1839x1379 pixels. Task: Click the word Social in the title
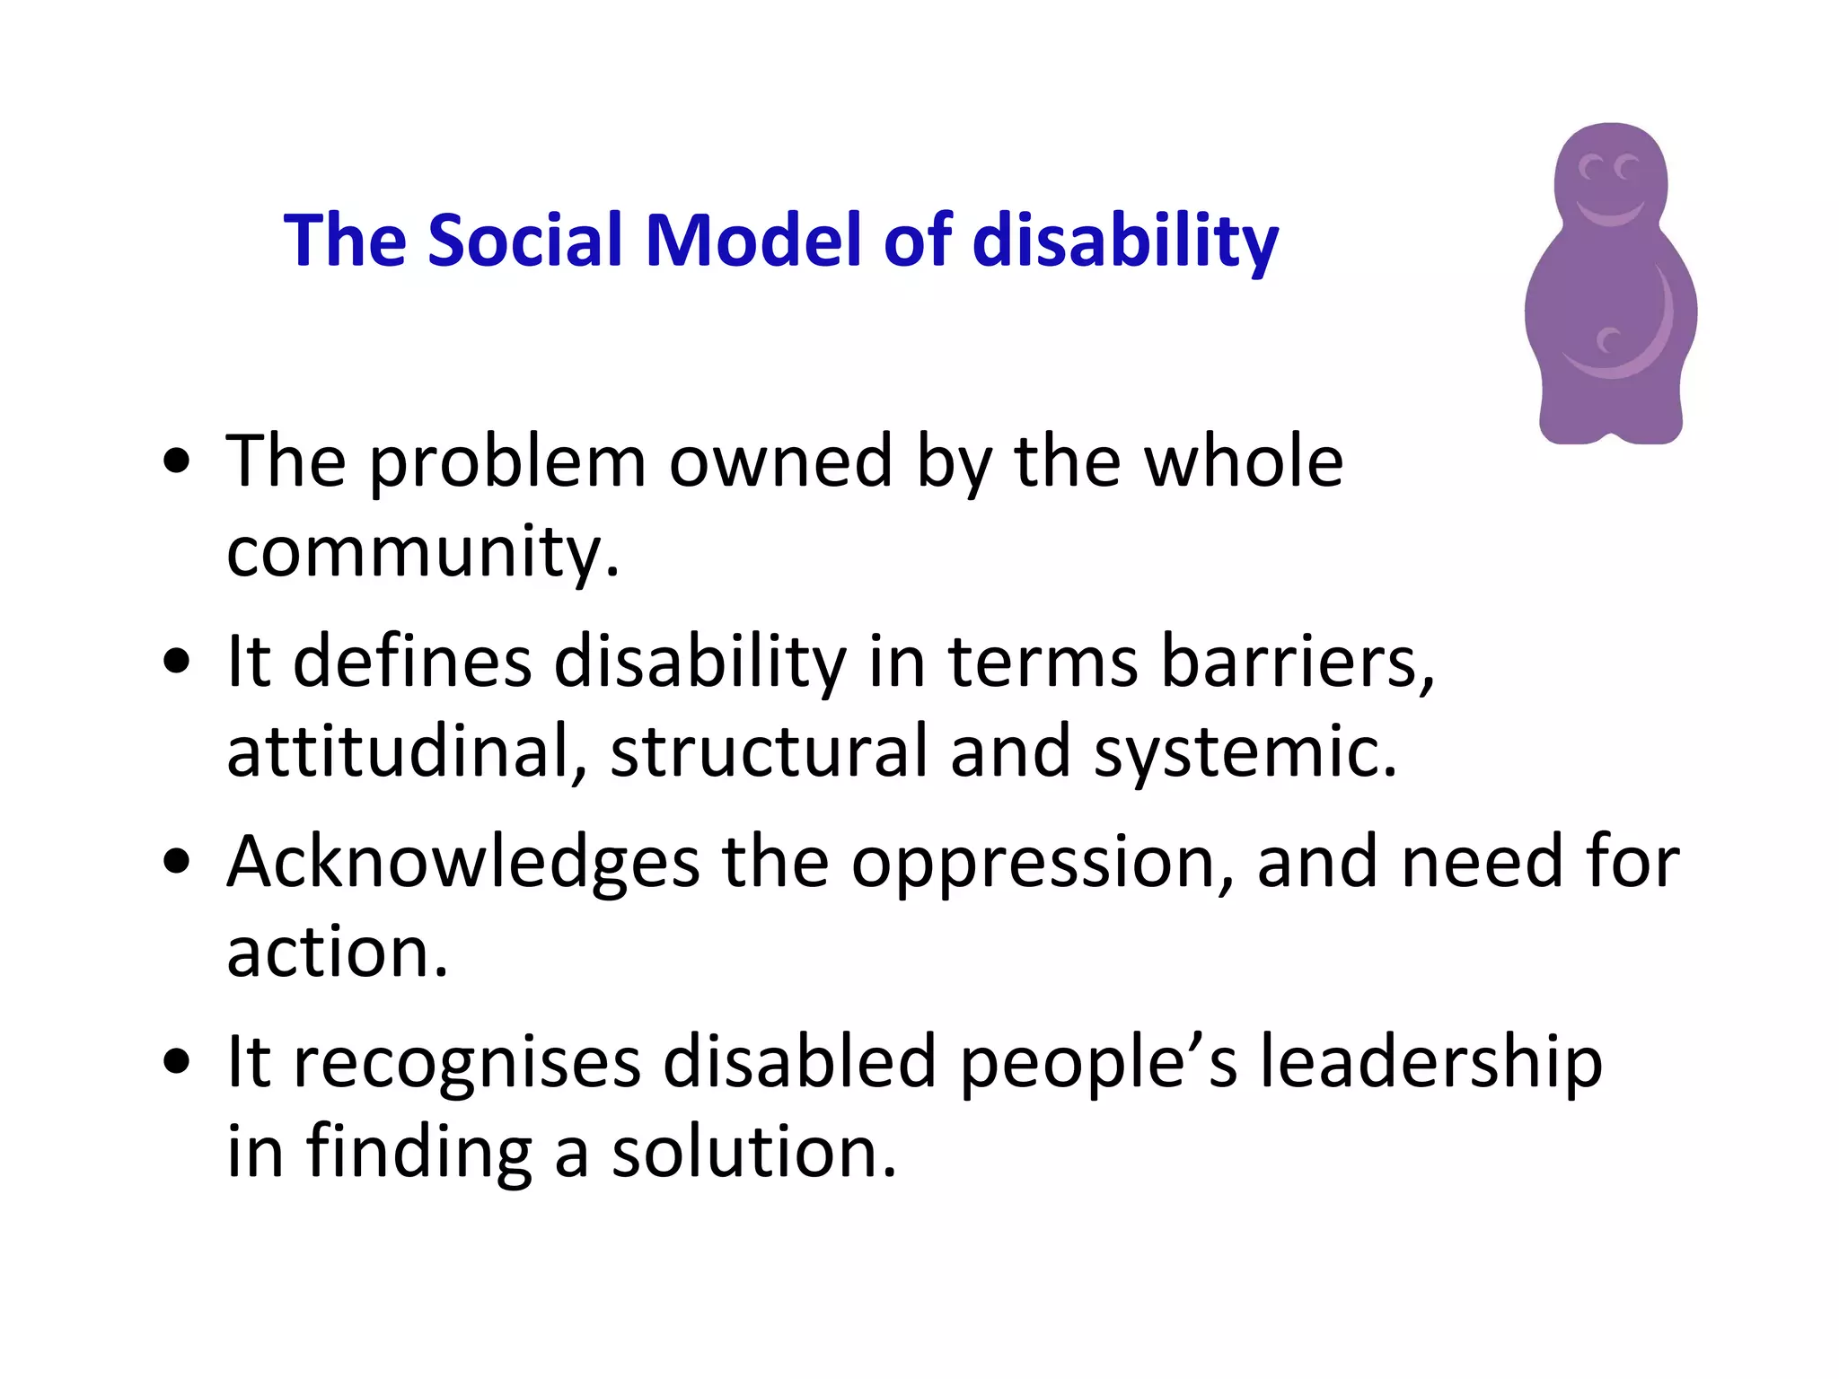(524, 240)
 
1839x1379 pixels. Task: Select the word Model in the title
(753, 240)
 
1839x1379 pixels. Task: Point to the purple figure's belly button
(1608, 341)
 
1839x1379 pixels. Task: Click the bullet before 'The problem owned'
(177, 462)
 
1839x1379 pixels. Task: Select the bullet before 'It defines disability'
(177, 663)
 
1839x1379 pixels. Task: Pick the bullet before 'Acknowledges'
(177, 863)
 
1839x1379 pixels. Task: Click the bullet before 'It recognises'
(177, 1062)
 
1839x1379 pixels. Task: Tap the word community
(422, 553)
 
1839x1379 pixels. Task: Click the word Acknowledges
(462, 863)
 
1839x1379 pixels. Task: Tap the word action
(337, 953)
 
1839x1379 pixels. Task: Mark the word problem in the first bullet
(507, 464)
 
